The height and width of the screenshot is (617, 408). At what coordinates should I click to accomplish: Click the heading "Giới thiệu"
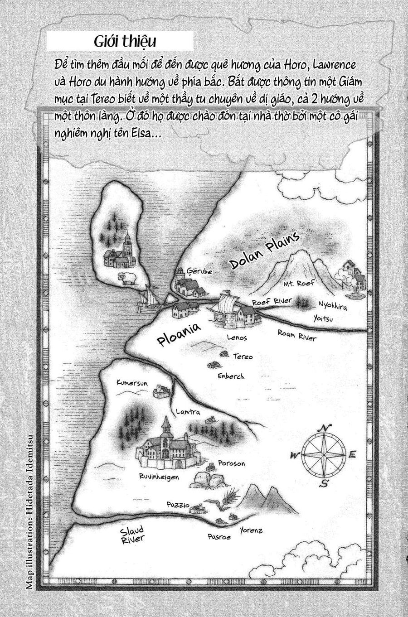pos(125,42)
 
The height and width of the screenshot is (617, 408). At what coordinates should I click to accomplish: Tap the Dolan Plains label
pos(265,251)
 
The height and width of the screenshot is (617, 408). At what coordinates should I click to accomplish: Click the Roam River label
pos(297,336)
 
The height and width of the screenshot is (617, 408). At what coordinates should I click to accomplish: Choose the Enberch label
pos(231,376)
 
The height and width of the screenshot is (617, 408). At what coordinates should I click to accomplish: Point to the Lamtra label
pos(187,412)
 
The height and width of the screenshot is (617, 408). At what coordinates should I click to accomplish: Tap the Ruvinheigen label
pos(159,477)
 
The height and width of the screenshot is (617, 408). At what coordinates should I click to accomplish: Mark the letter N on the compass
pos(324,428)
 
